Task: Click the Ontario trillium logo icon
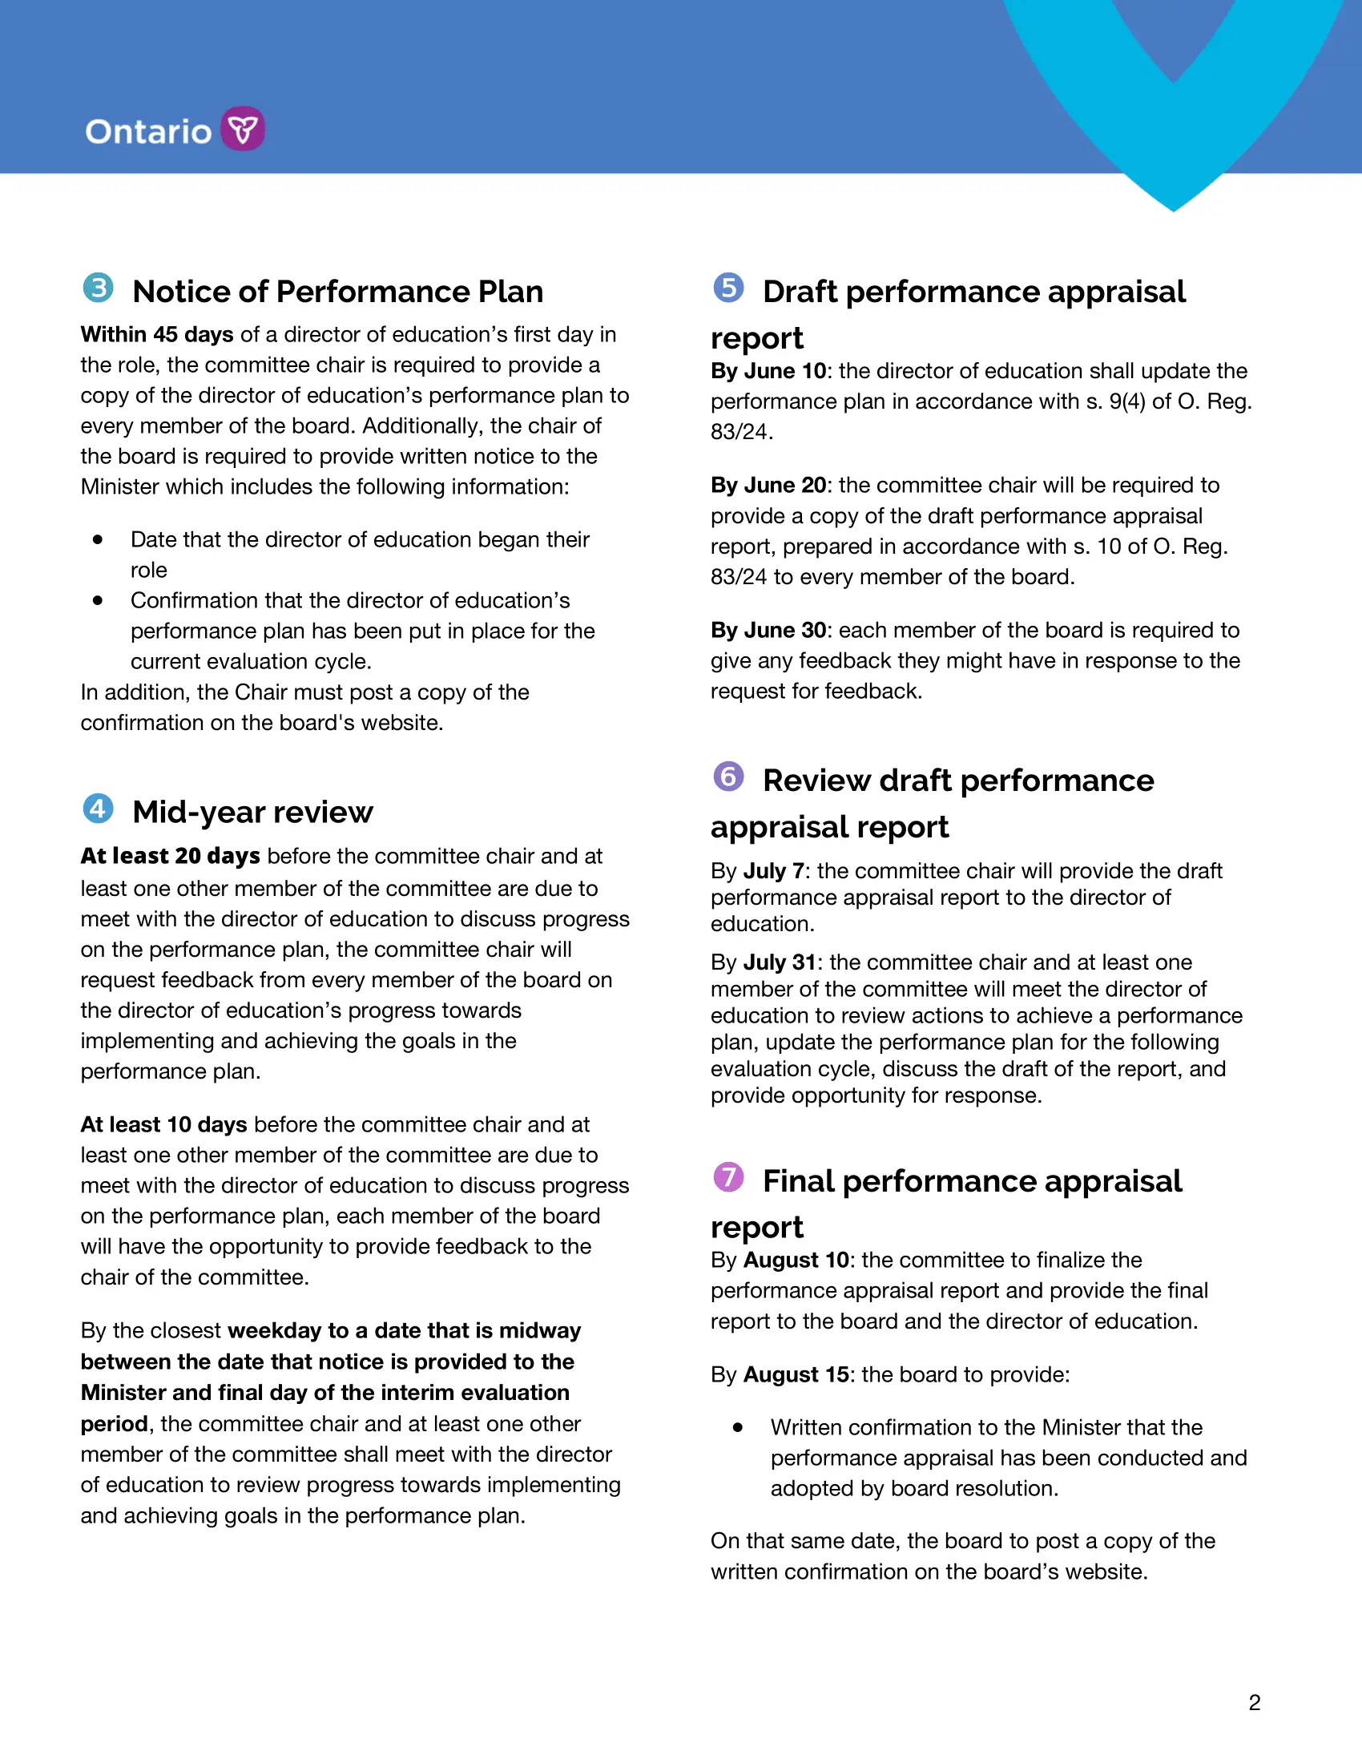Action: click(x=243, y=128)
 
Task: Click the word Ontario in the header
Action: click(x=148, y=131)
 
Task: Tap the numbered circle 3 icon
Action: click(x=99, y=288)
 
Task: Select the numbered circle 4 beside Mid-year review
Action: click(x=99, y=808)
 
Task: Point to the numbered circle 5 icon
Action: click(x=728, y=288)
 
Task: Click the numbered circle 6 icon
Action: click(x=728, y=777)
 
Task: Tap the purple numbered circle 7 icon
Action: click(x=728, y=1177)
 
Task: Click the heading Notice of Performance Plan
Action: click(x=337, y=292)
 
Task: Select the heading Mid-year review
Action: click(x=252, y=812)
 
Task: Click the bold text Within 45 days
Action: click(x=156, y=334)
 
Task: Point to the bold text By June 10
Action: click(x=768, y=370)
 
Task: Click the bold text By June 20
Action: click(x=768, y=485)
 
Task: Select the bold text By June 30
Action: click(x=768, y=630)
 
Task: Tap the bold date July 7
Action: click(x=774, y=871)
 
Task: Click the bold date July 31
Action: click(x=780, y=962)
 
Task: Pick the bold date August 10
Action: click(x=796, y=1260)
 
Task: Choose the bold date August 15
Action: click(x=796, y=1374)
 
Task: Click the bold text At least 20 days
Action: click(x=169, y=856)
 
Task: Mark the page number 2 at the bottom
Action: click(x=1254, y=1702)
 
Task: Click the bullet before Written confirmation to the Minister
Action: click(x=737, y=1427)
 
